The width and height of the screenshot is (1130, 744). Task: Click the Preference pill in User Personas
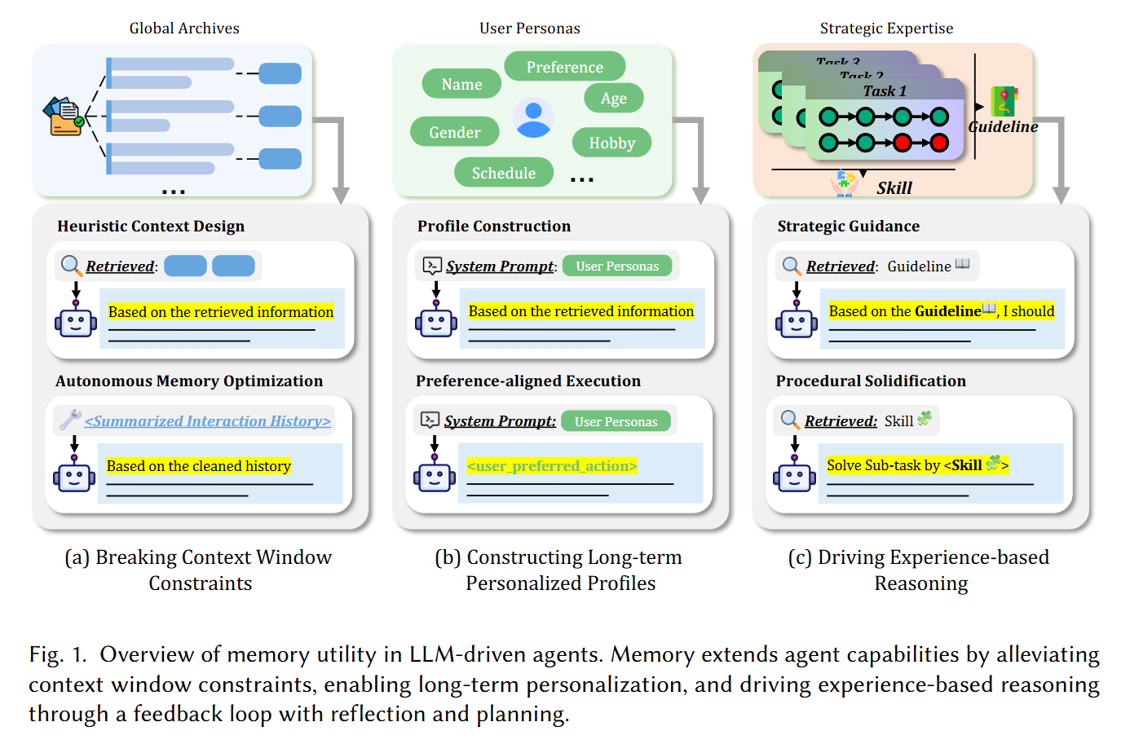564,67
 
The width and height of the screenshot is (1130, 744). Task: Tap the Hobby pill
611,143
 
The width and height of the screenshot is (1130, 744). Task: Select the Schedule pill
503,173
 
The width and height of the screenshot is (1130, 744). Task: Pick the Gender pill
454,132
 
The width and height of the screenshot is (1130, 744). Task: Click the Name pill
461,84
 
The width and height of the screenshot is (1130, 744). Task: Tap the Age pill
613,99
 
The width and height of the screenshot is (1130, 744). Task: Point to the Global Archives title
184,29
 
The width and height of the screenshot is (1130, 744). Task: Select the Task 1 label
885,91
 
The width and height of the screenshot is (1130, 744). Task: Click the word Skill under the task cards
894,188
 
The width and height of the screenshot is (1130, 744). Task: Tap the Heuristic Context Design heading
151,227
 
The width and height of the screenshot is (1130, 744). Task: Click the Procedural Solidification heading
871,381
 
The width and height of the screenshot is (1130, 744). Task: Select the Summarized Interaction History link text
207,421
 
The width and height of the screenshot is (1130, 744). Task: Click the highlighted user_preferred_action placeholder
552,466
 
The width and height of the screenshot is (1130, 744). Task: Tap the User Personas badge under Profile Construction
617,266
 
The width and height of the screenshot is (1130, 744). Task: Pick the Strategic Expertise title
886,29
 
